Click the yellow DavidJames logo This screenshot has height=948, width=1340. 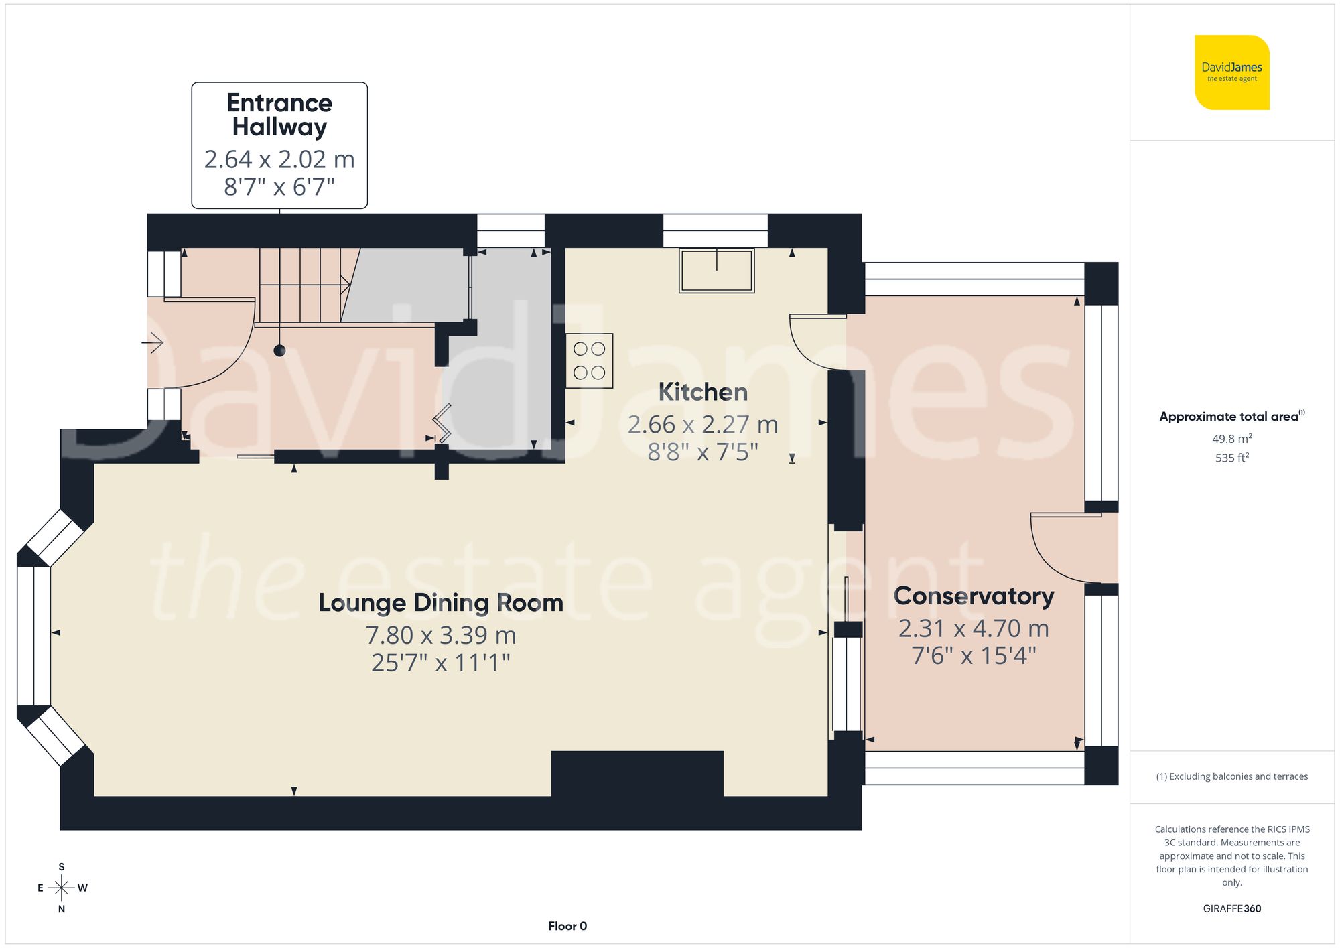(1231, 72)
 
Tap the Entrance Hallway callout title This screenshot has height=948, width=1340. (279, 115)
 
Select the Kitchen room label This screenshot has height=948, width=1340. (702, 392)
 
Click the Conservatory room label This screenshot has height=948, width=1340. (974, 596)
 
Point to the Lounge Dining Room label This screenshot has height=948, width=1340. (440, 602)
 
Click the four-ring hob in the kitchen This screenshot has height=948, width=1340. (589, 360)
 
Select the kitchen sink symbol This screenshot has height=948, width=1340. (716, 271)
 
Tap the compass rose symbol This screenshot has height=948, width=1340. (62, 888)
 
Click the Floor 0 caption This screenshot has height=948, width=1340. (567, 926)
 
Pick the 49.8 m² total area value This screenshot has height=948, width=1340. (1231, 439)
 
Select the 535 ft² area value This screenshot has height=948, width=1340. (1231, 458)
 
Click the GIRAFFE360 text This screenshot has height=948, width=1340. (1231, 908)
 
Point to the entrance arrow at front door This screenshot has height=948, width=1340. (153, 343)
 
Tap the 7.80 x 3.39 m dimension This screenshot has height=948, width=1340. (440, 635)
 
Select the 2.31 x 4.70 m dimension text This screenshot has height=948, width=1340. (974, 628)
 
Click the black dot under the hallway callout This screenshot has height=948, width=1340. (279, 350)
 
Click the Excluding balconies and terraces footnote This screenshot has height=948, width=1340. (1231, 776)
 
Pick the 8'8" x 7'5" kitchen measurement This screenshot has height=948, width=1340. (702, 452)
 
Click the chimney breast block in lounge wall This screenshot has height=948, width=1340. (636, 774)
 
